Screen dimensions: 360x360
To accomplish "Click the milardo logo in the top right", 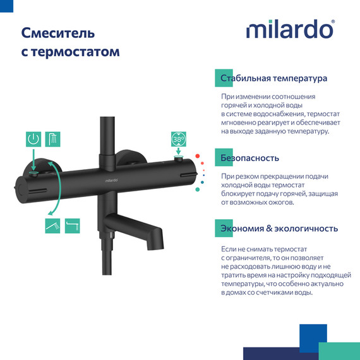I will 290,30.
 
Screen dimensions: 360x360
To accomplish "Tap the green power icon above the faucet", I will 34,139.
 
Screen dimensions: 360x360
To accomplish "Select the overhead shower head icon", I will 53,139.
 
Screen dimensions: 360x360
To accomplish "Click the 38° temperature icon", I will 179,139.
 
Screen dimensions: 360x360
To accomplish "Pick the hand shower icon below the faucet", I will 52,224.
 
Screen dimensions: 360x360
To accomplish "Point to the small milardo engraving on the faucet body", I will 105,181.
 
